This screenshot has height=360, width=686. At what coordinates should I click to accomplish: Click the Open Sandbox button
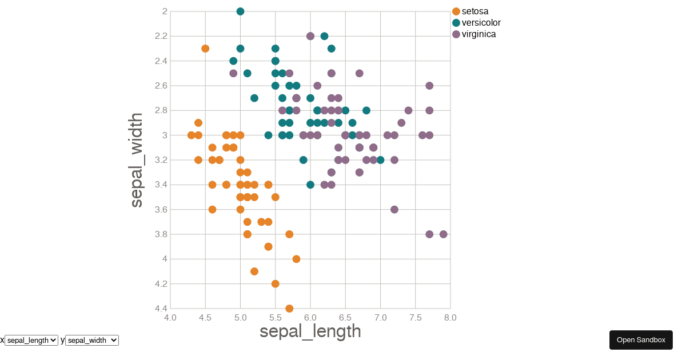click(641, 340)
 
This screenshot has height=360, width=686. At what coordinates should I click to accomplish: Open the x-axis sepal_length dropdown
click(31, 340)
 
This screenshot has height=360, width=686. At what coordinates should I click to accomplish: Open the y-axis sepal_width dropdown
click(91, 340)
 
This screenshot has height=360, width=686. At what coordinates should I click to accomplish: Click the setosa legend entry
click(474, 11)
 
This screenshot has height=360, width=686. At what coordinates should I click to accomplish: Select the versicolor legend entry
click(481, 23)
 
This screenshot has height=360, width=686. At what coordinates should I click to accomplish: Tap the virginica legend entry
click(478, 34)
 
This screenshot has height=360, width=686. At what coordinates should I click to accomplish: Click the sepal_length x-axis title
click(310, 331)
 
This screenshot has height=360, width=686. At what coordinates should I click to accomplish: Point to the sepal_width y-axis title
click(136, 160)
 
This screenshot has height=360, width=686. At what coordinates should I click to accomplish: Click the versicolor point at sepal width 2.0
click(240, 11)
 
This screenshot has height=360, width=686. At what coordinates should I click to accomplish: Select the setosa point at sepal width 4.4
click(289, 309)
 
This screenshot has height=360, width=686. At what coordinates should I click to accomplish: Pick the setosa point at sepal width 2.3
click(205, 49)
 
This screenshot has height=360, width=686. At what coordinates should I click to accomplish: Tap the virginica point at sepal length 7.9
click(443, 234)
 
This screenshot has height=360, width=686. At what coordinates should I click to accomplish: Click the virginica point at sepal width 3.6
click(394, 210)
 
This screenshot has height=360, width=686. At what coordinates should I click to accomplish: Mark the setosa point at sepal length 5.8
click(296, 259)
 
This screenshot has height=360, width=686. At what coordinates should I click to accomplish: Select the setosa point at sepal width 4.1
click(254, 271)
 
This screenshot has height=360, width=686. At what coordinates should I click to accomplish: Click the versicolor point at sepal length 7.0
click(380, 160)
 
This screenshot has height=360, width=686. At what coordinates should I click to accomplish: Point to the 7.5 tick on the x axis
click(416, 318)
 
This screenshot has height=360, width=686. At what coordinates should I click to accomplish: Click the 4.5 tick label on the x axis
click(205, 318)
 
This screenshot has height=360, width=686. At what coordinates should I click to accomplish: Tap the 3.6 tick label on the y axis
click(161, 210)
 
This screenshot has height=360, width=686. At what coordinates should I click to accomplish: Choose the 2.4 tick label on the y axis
click(161, 61)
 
